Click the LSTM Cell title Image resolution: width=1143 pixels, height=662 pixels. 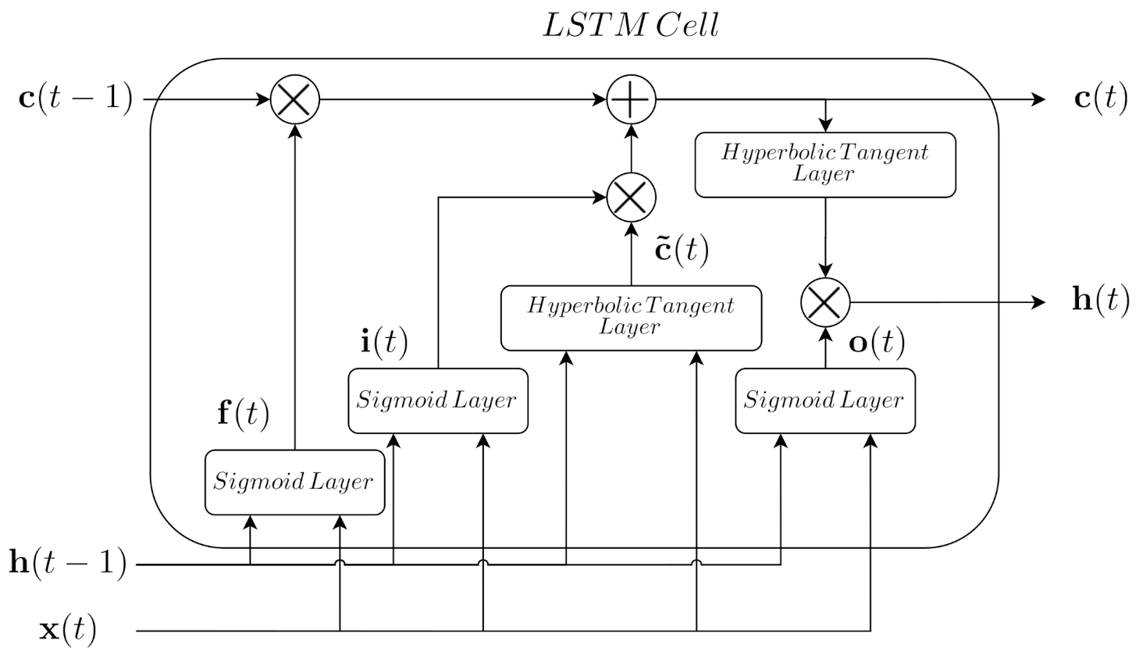pos(630,25)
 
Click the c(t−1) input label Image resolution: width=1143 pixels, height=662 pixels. pos(76,99)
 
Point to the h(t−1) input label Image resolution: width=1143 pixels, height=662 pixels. pos(68,562)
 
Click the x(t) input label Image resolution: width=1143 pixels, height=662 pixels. pos(69,629)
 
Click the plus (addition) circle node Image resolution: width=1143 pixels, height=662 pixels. pos(632,100)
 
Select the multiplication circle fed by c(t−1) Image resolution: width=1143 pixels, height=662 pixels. pos(295,100)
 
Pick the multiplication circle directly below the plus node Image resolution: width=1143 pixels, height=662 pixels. pos(632,197)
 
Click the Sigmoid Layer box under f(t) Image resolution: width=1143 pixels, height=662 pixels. pos(294,482)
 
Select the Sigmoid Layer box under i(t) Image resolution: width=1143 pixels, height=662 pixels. pos(437,400)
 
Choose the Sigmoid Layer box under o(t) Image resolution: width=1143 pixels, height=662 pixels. pos(825,400)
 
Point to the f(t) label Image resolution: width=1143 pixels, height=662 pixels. pos(243,413)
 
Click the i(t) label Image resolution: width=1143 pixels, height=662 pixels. pos(384,342)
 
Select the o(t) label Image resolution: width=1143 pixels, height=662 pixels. pos(877,342)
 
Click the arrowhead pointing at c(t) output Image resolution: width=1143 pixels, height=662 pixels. pos(1038,100)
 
